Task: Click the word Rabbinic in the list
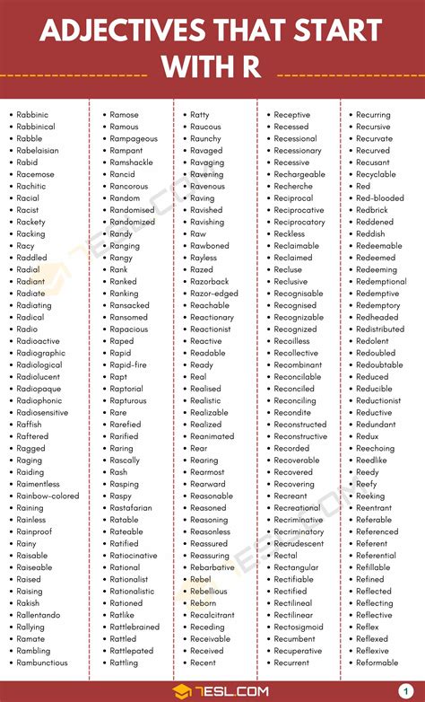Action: pos(32,115)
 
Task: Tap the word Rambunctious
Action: pos(41,663)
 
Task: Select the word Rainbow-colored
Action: pos(48,496)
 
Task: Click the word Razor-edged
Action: pos(214,294)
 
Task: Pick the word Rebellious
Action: pos(209,591)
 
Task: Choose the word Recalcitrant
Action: pos(212,615)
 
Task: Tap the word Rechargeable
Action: pos(299,174)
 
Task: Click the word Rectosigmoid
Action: pos(299,627)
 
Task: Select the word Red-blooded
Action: pos(379,197)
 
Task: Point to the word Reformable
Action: pos(377,663)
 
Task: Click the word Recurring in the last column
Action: pos(373,115)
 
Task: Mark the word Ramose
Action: pos(124,115)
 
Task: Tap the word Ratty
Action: pos(200,115)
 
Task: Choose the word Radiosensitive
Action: pos(41,412)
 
